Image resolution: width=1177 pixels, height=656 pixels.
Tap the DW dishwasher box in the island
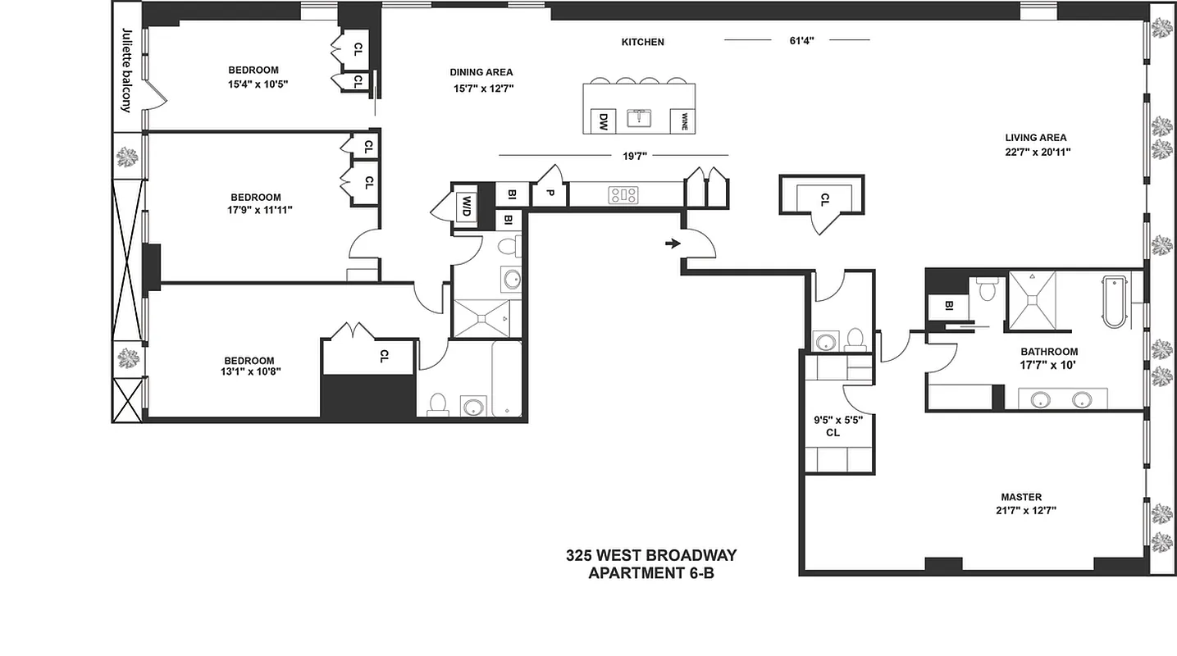603,121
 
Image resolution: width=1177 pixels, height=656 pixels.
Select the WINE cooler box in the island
682,121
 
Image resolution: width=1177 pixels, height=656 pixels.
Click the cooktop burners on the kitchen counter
623,195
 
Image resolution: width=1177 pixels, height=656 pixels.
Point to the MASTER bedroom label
1021,497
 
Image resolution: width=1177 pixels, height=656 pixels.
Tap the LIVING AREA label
1036,138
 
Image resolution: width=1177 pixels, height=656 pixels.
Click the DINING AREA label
481,72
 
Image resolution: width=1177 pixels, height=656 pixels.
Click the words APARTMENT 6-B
650,573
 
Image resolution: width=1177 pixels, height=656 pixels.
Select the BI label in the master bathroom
948,306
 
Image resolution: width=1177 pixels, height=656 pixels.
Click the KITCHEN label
642,42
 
